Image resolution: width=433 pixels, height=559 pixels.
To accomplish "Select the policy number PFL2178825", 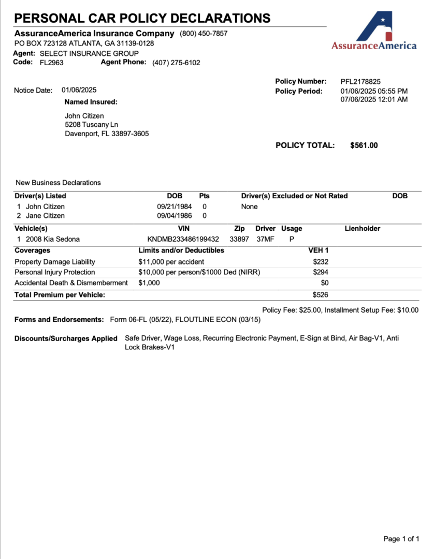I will point(360,82).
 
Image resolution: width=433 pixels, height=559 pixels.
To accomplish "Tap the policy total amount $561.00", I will point(364,145).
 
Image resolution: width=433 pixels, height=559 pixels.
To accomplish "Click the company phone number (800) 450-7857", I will point(204,34).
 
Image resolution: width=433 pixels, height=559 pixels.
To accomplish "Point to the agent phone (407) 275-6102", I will point(176,63).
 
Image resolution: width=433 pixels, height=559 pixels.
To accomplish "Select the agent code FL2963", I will point(52,63).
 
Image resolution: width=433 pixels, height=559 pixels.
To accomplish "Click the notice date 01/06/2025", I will point(79,90).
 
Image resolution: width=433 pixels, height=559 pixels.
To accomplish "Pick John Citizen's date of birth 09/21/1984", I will point(175,207).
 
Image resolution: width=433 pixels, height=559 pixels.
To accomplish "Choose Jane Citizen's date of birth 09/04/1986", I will point(175,216).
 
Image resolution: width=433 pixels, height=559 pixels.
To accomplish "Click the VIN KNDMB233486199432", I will point(183,239).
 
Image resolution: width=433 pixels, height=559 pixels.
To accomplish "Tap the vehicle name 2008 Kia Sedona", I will point(53,239).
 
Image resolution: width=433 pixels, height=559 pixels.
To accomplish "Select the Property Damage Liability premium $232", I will point(321,262).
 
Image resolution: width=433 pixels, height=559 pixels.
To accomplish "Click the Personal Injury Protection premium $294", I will point(321,272).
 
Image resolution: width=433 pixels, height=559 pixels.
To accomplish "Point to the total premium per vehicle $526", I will point(321,295).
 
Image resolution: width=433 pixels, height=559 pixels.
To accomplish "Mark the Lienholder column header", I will point(362,228).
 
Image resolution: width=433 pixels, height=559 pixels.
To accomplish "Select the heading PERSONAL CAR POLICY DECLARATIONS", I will point(142,19).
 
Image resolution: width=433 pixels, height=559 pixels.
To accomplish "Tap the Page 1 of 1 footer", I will point(401,539).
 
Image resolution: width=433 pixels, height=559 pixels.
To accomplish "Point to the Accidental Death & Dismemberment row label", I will point(71,283).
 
